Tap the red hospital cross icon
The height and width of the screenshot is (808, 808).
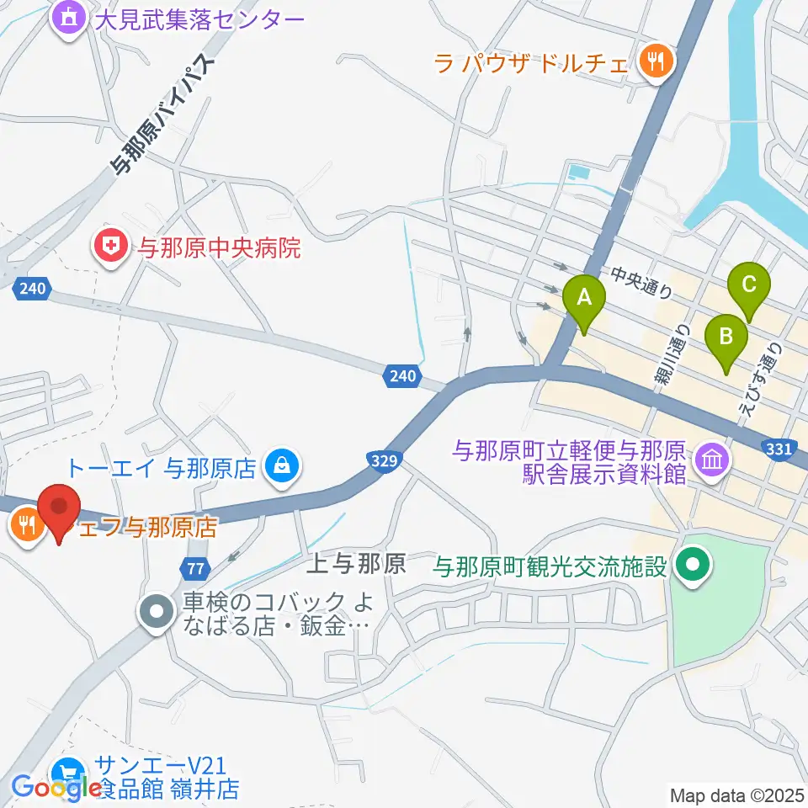click(110, 247)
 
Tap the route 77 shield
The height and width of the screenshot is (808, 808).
click(194, 568)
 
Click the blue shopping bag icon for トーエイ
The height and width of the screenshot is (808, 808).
click(279, 464)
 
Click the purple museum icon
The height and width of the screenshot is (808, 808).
click(713, 460)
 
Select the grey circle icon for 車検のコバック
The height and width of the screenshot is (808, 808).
click(157, 612)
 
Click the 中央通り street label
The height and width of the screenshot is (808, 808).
click(642, 283)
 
